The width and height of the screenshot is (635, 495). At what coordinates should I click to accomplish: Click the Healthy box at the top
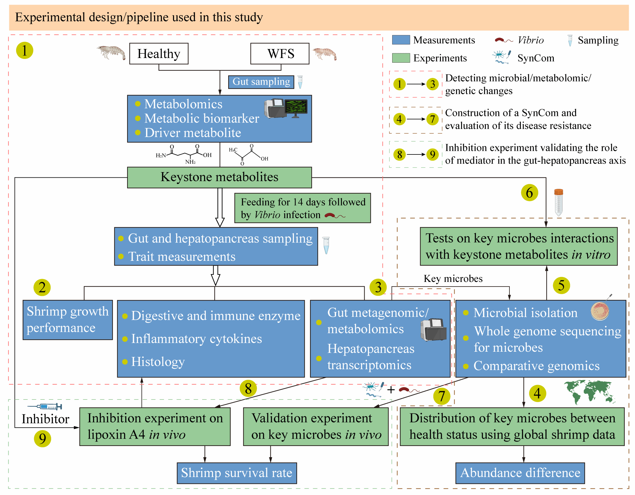(x=159, y=54)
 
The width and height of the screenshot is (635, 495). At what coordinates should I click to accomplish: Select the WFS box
(x=280, y=54)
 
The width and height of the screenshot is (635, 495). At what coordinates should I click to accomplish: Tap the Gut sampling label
(x=261, y=82)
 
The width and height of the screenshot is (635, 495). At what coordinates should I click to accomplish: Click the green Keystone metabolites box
(x=219, y=177)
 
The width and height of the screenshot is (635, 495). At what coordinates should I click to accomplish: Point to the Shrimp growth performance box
(x=68, y=320)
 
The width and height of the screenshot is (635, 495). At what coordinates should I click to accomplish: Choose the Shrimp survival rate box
(x=237, y=473)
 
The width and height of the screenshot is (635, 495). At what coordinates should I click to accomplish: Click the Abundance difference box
(x=520, y=473)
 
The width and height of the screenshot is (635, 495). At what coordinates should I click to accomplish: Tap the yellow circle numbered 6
(x=529, y=193)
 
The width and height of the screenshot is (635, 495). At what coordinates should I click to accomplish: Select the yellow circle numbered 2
(x=42, y=287)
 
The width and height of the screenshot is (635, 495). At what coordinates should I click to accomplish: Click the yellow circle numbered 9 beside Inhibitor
(x=42, y=439)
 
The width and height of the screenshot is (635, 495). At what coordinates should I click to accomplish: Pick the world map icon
(x=589, y=392)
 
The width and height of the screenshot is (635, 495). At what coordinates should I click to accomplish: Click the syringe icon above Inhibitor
(x=45, y=406)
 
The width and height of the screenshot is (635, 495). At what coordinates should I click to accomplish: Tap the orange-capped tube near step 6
(x=558, y=202)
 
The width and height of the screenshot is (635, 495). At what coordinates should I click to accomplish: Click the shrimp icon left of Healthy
(x=111, y=52)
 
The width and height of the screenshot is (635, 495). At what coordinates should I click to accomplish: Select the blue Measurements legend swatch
(x=401, y=40)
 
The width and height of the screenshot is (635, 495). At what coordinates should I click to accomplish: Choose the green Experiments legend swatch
(x=401, y=58)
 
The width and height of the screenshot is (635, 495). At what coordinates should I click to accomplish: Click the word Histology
(x=158, y=362)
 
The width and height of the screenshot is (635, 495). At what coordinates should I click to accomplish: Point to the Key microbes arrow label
(x=453, y=279)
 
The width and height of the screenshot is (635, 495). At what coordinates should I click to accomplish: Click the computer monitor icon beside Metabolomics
(x=296, y=108)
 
